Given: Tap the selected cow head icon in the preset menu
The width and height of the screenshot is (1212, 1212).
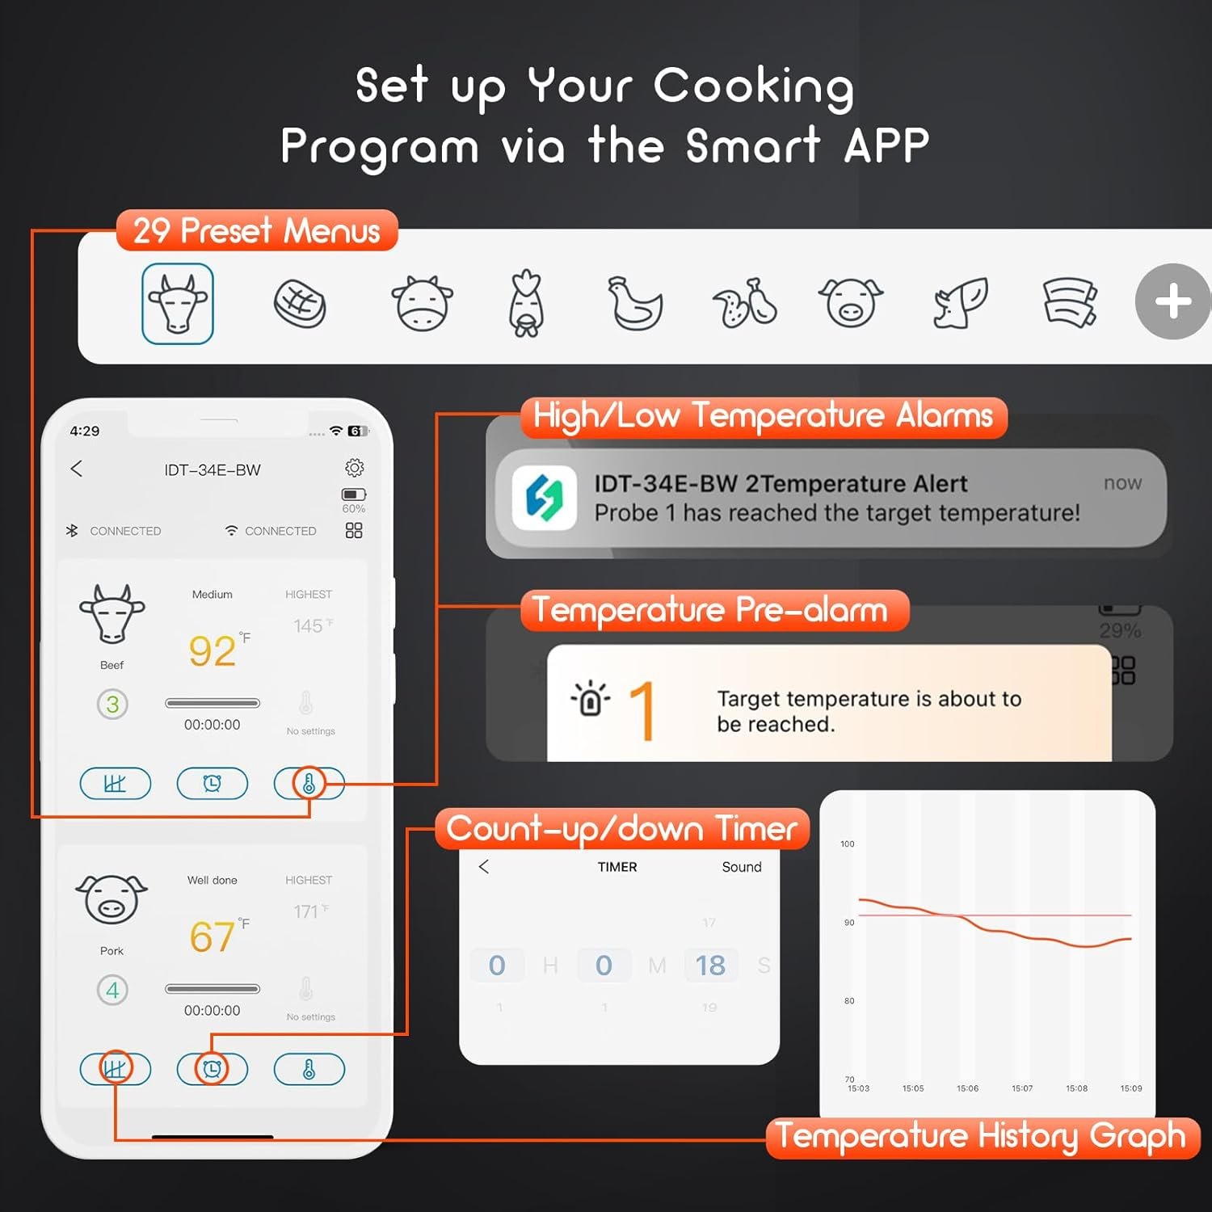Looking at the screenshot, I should (x=178, y=304).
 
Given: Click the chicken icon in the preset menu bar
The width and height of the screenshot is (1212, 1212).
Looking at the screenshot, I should (x=635, y=304).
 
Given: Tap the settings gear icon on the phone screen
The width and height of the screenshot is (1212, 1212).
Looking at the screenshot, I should (x=354, y=468).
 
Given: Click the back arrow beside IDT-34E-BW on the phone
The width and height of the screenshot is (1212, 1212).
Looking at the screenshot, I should (x=77, y=469).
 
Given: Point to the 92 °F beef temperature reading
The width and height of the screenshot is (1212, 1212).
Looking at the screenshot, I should (x=213, y=650).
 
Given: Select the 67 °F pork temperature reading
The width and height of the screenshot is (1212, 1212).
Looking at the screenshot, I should (x=213, y=936).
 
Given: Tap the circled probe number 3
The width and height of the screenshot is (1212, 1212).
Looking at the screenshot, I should (x=112, y=705).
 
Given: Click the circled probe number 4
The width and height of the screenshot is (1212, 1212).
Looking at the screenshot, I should (x=112, y=990).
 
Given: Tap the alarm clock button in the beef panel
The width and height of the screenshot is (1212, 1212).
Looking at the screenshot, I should (x=213, y=783).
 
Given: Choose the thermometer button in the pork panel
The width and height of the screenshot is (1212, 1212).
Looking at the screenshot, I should (x=309, y=1069).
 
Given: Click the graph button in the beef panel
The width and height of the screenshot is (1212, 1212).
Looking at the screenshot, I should (x=115, y=783).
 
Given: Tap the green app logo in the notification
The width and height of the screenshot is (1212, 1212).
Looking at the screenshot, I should (x=545, y=497).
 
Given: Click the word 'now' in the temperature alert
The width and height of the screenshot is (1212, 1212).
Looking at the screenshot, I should (x=1122, y=483).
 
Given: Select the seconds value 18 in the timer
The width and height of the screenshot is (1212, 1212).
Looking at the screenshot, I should (x=710, y=966).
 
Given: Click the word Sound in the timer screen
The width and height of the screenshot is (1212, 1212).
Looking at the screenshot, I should (x=741, y=867).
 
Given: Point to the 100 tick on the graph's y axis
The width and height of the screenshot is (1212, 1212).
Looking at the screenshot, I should (x=847, y=844).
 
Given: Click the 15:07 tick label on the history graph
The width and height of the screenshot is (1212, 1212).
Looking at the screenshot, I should (x=1022, y=1088).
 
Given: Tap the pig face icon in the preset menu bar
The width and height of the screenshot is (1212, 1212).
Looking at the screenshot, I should (x=850, y=304).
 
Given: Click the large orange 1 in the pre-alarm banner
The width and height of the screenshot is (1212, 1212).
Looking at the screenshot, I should (x=642, y=710).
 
